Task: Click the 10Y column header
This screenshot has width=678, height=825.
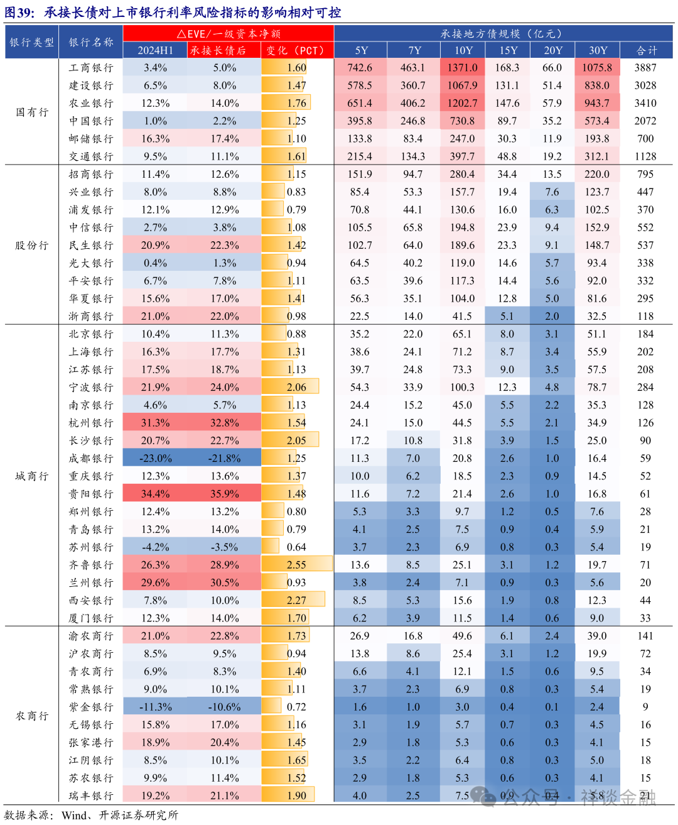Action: coord(463,50)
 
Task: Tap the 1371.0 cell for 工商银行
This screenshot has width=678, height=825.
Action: coord(462,68)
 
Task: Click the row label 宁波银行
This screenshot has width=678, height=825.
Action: coord(91,387)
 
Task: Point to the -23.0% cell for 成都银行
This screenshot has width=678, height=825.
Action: coord(155,459)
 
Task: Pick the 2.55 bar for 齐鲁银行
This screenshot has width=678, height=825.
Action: coord(296,565)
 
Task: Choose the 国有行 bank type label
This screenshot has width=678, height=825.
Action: coord(32,112)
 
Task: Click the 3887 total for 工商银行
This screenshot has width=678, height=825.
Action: coord(645,68)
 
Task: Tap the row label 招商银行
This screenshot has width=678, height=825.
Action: coord(91,174)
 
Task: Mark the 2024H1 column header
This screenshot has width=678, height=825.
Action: coord(155,50)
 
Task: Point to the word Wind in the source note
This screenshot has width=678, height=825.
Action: coord(74,816)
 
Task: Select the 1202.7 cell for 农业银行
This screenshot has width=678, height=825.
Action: coord(462,103)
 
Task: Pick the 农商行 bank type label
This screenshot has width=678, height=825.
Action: coord(32,716)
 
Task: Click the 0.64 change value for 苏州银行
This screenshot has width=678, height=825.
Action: coord(296,547)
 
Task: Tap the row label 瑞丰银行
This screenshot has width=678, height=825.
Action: coord(91,795)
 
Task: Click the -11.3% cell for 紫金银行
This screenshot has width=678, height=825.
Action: coord(155,707)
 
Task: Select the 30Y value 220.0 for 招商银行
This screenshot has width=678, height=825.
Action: coord(596,174)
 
